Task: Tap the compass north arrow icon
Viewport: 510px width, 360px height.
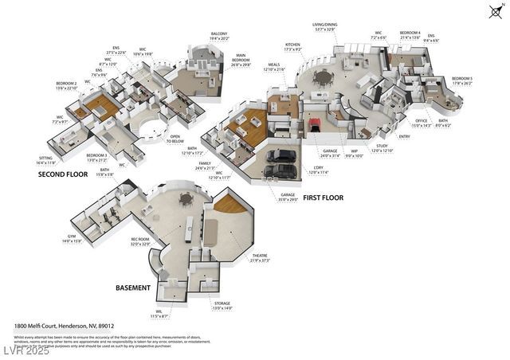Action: coord(494,11)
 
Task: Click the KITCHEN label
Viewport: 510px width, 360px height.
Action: coord(292,45)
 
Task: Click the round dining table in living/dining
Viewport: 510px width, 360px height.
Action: coord(323,77)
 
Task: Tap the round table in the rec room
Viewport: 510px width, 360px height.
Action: coord(186,198)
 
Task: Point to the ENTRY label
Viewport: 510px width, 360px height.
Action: coord(404,136)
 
